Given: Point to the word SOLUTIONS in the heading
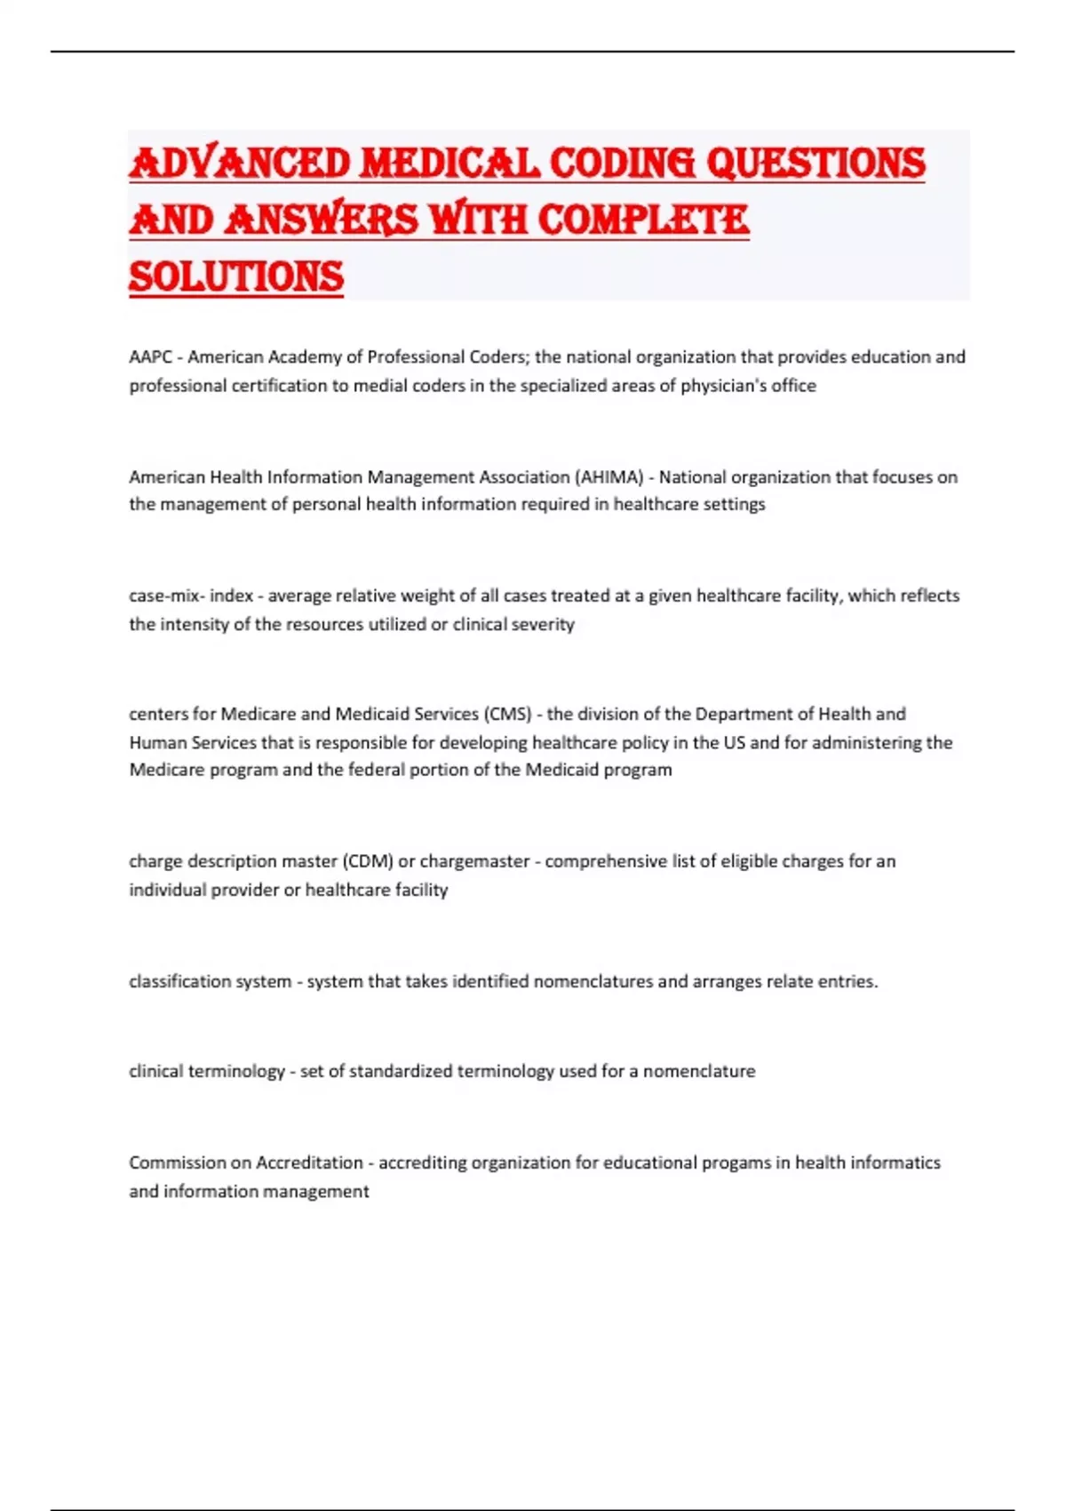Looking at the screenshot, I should (236, 277).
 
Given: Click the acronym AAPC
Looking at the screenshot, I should (150, 357).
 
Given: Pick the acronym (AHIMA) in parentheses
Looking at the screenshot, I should (609, 477).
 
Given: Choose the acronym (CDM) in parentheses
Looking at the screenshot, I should (367, 861).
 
